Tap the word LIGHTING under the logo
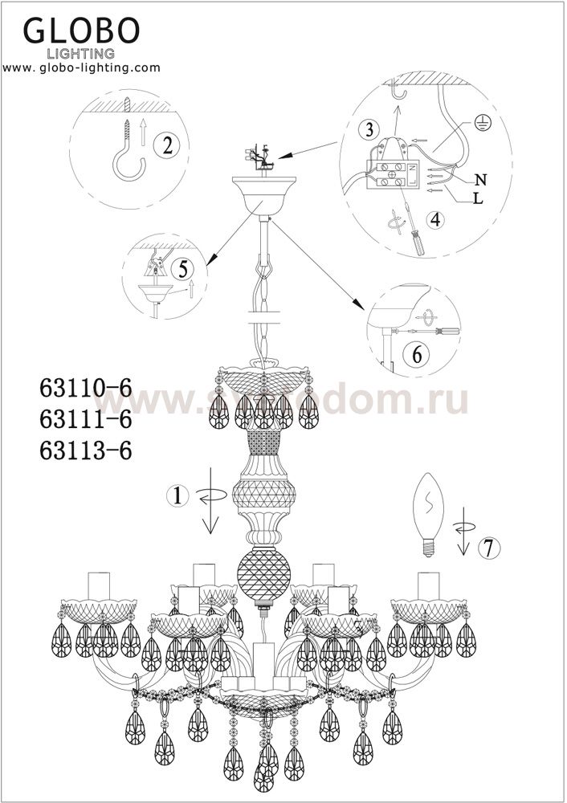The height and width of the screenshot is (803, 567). click(81, 53)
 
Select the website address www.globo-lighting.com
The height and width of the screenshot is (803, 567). click(82, 67)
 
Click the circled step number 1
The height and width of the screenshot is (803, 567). click(177, 495)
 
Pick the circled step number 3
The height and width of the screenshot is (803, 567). click(369, 129)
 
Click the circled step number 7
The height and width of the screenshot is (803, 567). click(488, 548)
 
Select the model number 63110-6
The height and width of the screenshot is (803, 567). click(86, 388)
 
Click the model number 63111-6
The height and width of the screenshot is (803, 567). click(86, 420)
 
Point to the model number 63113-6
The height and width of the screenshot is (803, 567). click(86, 451)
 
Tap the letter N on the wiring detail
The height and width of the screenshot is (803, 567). click(480, 179)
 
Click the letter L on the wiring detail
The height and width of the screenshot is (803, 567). click(478, 198)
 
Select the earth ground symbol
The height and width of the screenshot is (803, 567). click(481, 122)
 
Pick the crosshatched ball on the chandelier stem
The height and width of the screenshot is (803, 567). click(263, 572)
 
